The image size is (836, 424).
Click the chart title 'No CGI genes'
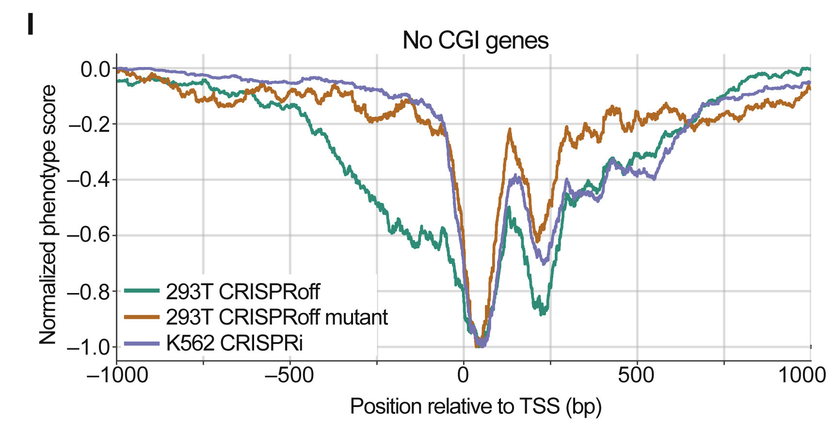475,40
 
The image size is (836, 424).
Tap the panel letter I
31,24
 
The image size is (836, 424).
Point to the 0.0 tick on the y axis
96,69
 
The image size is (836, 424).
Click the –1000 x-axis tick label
117,375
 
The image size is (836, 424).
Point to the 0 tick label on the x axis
463,375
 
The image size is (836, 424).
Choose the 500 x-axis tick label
636,375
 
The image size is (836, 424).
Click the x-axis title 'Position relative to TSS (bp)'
475,406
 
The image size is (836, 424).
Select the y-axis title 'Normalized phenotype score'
48,214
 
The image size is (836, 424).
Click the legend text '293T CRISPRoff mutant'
276,317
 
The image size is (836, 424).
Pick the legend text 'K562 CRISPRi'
234,343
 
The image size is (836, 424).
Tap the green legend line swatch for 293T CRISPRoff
142,291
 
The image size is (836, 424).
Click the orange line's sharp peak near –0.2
510,130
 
